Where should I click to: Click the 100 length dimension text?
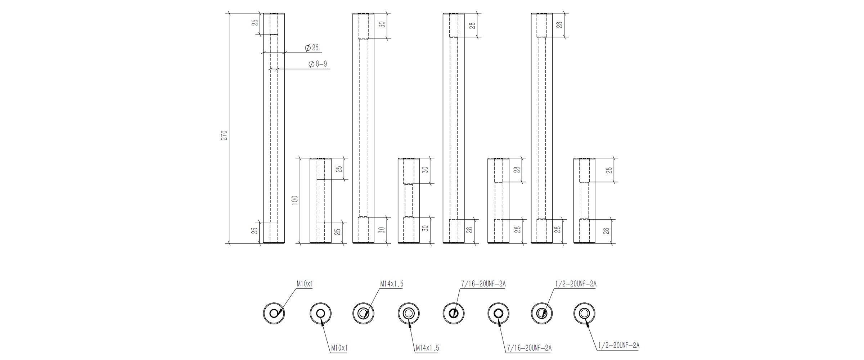click(x=295, y=200)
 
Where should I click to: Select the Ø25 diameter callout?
click(x=312, y=48)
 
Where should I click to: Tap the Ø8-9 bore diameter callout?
click(x=318, y=64)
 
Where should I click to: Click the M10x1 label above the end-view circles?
click(x=305, y=284)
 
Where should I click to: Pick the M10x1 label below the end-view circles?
click(x=339, y=348)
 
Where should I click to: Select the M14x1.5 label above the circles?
click(x=392, y=284)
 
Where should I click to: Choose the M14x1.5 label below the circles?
click(x=427, y=348)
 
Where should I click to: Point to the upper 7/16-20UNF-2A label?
click(x=483, y=284)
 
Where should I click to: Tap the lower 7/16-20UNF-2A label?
click(x=529, y=348)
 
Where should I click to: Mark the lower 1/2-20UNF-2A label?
click(x=618, y=346)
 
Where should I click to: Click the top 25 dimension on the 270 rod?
click(x=255, y=22)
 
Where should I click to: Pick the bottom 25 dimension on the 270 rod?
click(x=255, y=230)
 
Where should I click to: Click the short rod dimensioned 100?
click(x=320, y=201)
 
